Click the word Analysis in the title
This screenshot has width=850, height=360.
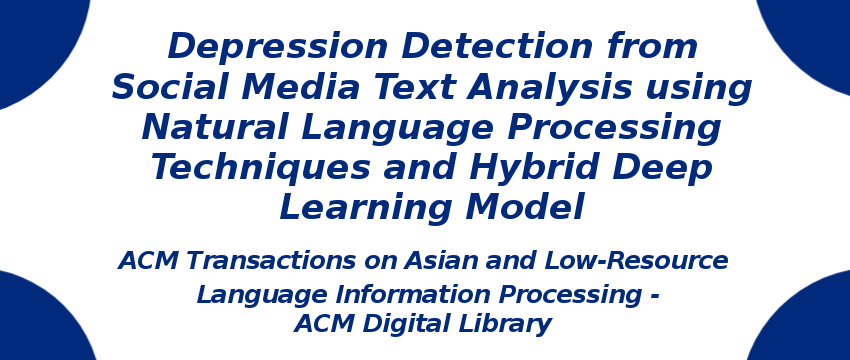(x=549, y=88)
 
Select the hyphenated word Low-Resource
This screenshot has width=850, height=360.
(x=636, y=261)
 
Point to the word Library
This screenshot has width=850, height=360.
(x=509, y=324)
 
